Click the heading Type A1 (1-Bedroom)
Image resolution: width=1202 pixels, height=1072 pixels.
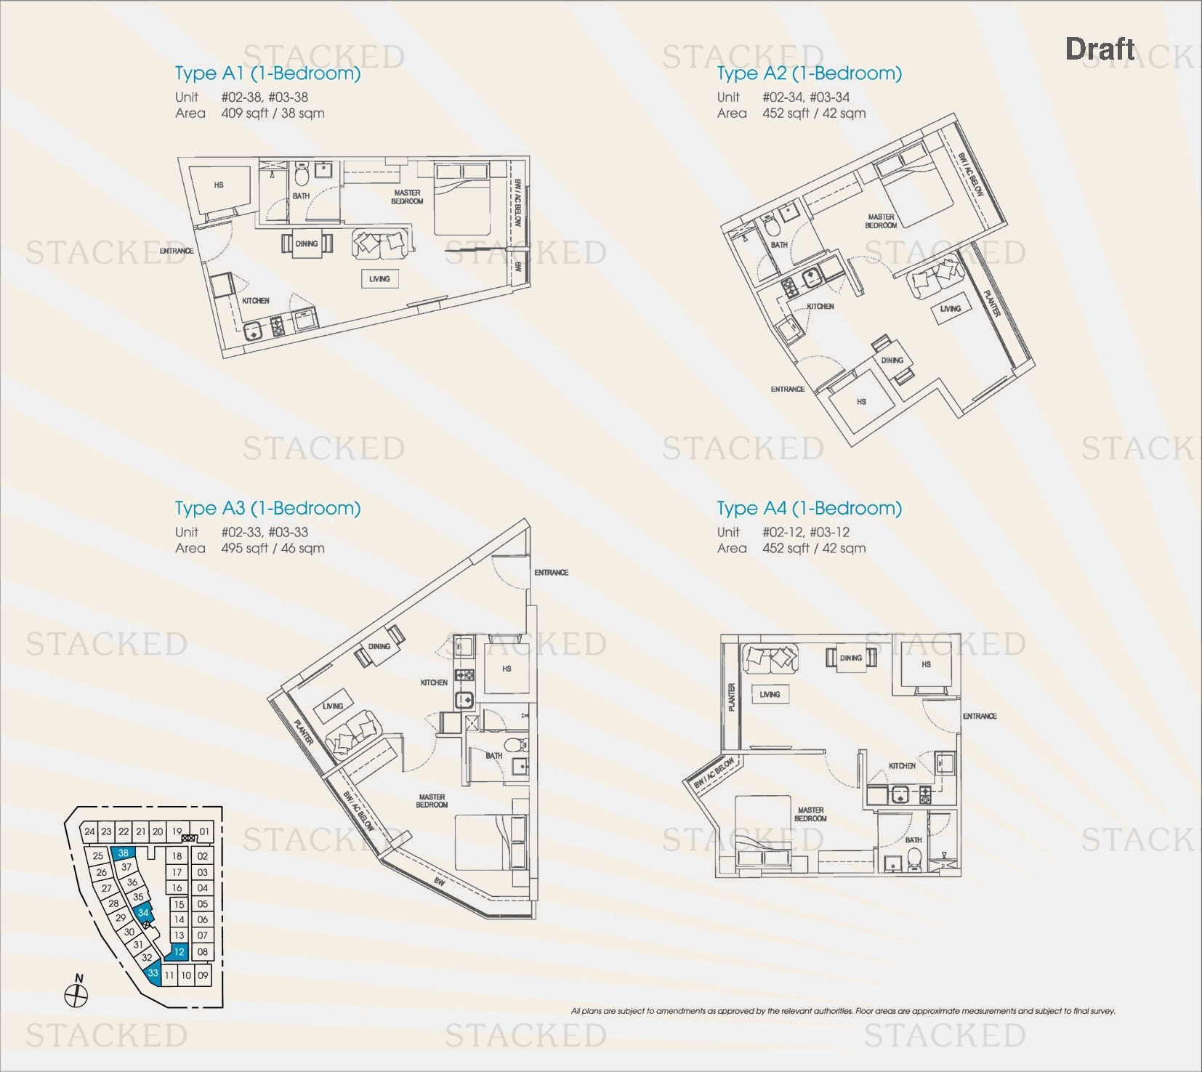point(267,73)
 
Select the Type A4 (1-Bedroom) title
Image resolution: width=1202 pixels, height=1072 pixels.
point(809,508)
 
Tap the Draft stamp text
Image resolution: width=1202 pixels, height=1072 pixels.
point(1100,49)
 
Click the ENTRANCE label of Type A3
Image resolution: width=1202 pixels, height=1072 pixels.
point(551,573)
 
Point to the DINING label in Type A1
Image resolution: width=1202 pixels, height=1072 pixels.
point(307,244)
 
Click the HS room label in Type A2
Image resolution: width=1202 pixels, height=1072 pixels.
point(861,401)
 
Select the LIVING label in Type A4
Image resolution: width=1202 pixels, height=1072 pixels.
point(770,695)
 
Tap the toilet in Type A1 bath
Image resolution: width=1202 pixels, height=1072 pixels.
point(302,175)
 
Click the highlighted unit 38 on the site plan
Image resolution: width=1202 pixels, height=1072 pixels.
point(123,853)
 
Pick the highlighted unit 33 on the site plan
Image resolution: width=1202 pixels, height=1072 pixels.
point(153,972)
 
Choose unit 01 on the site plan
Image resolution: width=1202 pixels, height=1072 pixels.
point(204,831)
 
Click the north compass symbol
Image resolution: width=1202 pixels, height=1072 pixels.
point(76,995)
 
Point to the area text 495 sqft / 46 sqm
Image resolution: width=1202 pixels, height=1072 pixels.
point(273,549)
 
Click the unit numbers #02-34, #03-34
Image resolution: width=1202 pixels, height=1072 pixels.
point(806,97)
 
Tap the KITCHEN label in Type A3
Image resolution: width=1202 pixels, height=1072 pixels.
point(434,682)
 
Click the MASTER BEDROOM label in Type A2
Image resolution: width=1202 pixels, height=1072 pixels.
point(881,221)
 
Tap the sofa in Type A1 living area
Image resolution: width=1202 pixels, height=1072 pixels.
point(379,244)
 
